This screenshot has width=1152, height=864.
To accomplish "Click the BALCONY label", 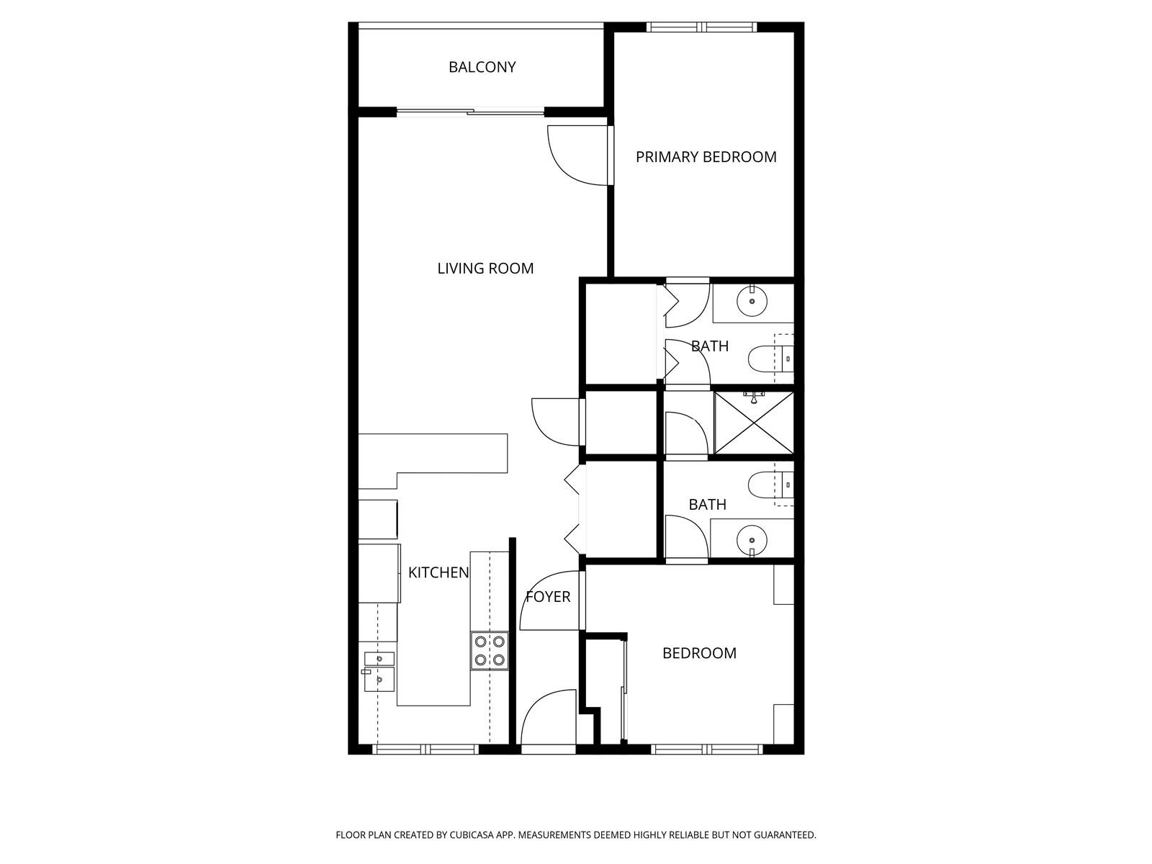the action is tap(482, 67).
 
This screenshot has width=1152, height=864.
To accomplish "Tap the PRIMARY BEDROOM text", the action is tap(706, 157).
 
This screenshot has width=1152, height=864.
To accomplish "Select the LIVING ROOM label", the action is tap(485, 269).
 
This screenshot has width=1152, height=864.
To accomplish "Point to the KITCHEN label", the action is tap(438, 573).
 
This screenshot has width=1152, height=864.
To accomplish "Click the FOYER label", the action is tap(548, 596).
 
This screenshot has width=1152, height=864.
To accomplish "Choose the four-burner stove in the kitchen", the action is tap(489, 650).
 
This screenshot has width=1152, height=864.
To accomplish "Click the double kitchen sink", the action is tap(379, 672).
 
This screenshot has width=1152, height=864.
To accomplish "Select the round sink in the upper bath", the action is tap(752, 301).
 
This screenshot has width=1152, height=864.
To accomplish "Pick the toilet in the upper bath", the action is tap(770, 359).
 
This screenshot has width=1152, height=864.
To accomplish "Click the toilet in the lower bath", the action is tap(770, 485).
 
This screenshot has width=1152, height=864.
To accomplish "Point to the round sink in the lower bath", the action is tap(752, 540).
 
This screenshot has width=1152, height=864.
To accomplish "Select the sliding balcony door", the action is tap(470, 111).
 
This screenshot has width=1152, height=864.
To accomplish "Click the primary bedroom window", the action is tap(701, 27).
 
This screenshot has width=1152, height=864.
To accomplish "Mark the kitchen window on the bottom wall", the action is tap(426, 750).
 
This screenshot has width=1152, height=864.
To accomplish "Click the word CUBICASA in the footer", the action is tap(472, 834).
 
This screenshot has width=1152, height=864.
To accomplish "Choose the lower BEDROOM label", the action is tap(699, 653).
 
